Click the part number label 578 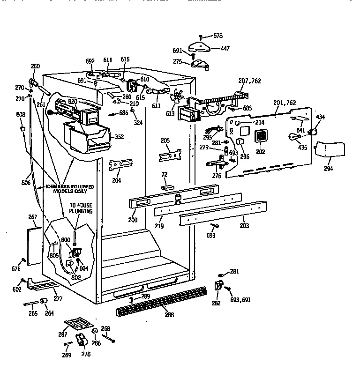coord(218,36)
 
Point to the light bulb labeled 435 coord(294,137)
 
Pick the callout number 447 coord(225,48)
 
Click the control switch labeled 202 coord(261,136)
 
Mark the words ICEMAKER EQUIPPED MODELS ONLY coord(69,189)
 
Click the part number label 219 coord(160,225)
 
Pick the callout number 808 coord(21,114)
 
